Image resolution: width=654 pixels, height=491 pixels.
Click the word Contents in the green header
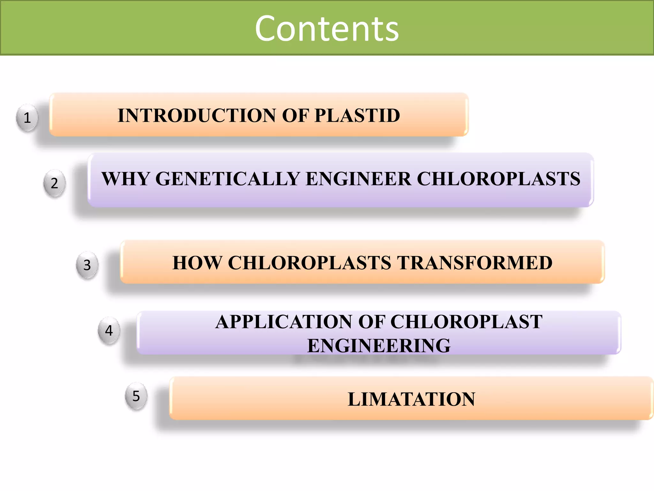(x=327, y=29)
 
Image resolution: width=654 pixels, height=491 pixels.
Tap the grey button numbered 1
(x=27, y=118)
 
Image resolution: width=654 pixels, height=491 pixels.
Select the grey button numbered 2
(x=55, y=183)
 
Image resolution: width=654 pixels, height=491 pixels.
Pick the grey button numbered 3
(x=87, y=265)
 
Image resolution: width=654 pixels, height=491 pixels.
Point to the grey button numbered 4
(x=109, y=331)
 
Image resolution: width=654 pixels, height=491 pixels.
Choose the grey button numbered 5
(x=136, y=396)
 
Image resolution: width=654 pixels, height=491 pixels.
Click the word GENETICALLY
(x=227, y=179)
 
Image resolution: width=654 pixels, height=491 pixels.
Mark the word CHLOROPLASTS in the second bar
(x=498, y=179)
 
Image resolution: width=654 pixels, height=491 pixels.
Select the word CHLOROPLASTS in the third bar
(x=309, y=263)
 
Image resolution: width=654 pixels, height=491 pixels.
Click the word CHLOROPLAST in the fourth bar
(x=466, y=322)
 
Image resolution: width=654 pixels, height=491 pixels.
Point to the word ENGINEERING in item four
(x=379, y=346)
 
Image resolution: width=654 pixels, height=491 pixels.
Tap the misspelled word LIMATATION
(x=411, y=399)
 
